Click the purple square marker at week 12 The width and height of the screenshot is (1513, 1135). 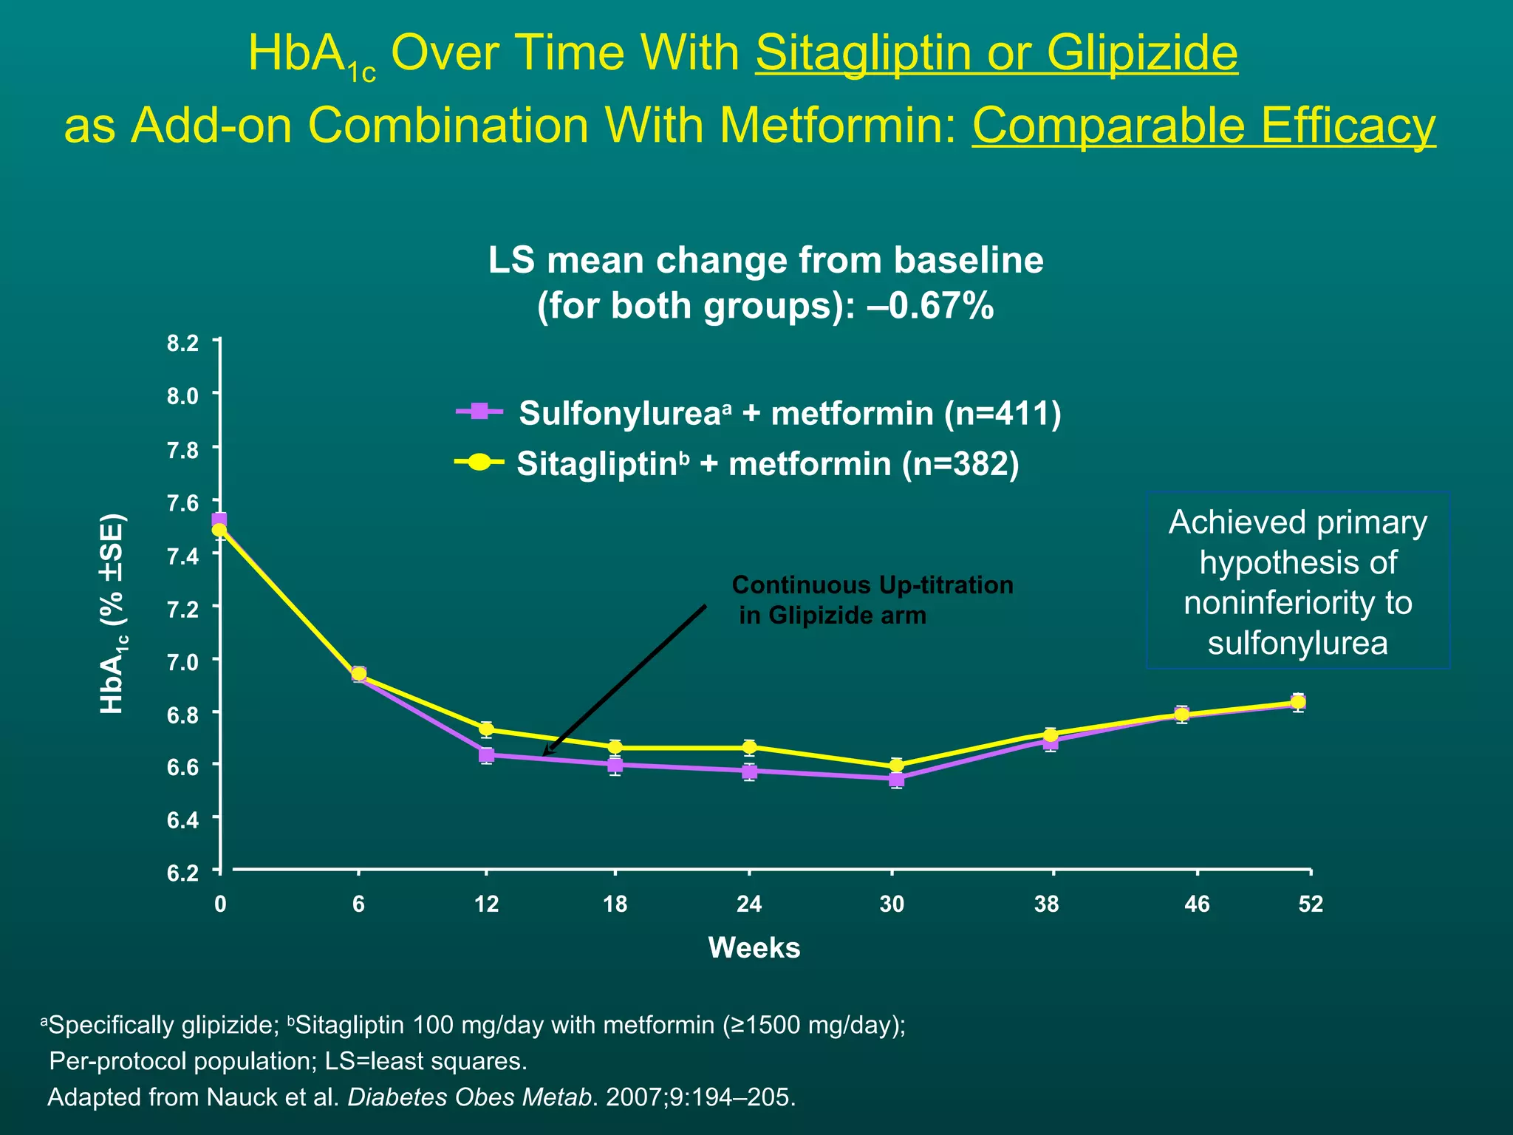pyautogui.click(x=486, y=754)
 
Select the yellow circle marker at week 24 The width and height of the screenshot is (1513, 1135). pyautogui.click(x=749, y=747)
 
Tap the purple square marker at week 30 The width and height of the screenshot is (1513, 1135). pyautogui.click(x=896, y=779)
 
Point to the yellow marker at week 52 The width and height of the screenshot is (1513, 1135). pyautogui.click(x=1298, y=701)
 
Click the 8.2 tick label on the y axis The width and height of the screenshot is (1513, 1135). pyautogui.click(x=182, y=344)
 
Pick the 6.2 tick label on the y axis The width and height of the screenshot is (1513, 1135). pyautogui.click(x=182, y=873)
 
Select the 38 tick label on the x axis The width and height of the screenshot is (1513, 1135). pyautogui.click(x=1047, y=904)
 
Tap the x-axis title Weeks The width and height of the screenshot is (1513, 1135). pyautogui.click(x=754, y=947)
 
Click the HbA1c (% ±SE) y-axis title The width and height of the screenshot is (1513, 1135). pyautogui.click(x=112, y=613)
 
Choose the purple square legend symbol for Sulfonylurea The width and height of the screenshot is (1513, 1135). pyautogui.click(x=479, y=411)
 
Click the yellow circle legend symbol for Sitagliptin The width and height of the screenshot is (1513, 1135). pyautogui.click(x=479, y=462)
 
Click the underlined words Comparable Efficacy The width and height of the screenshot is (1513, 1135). pyautogui.click(x=1203, y=125)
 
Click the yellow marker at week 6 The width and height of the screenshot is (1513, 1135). pyautogui.click(x=358, y=673)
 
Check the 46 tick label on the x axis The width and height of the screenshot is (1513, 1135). pyautogui.click(x=1196, y=904)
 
